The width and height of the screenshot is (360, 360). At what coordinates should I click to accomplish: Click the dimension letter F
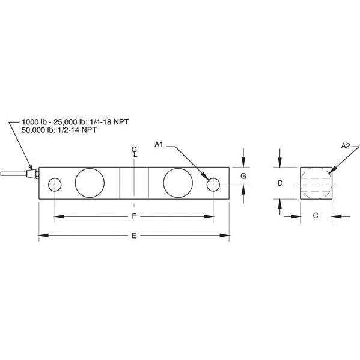click(133, 215)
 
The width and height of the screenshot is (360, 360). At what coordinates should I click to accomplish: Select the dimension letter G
click(242, 176)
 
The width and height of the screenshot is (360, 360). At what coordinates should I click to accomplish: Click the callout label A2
click(345, 146)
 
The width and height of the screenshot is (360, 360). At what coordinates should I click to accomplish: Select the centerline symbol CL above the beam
click(134, 151)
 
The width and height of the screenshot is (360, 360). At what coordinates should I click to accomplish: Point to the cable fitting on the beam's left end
click(34, 175)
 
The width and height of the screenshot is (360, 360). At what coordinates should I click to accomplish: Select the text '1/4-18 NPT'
click(109, 121)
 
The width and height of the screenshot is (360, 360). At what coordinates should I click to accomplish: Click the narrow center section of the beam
click(133, 183)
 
